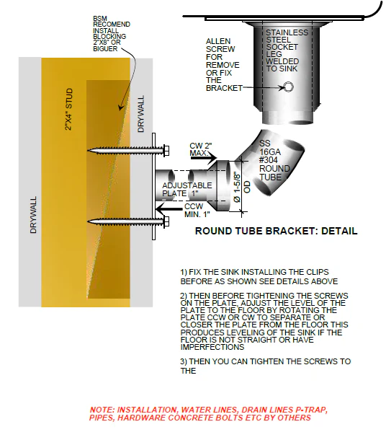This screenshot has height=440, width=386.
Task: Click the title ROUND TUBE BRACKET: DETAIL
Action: click(x=277, y=232)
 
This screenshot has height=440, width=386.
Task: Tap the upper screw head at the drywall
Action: click(x=164, y=151)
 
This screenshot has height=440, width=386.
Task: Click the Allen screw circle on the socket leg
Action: click(x=288, y=87)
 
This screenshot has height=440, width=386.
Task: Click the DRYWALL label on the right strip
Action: click(x=140, y=114)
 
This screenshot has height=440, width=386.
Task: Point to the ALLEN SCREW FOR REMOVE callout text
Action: click(x=221, y=64)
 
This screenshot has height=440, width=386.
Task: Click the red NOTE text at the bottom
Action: click(x=208, y=413)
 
